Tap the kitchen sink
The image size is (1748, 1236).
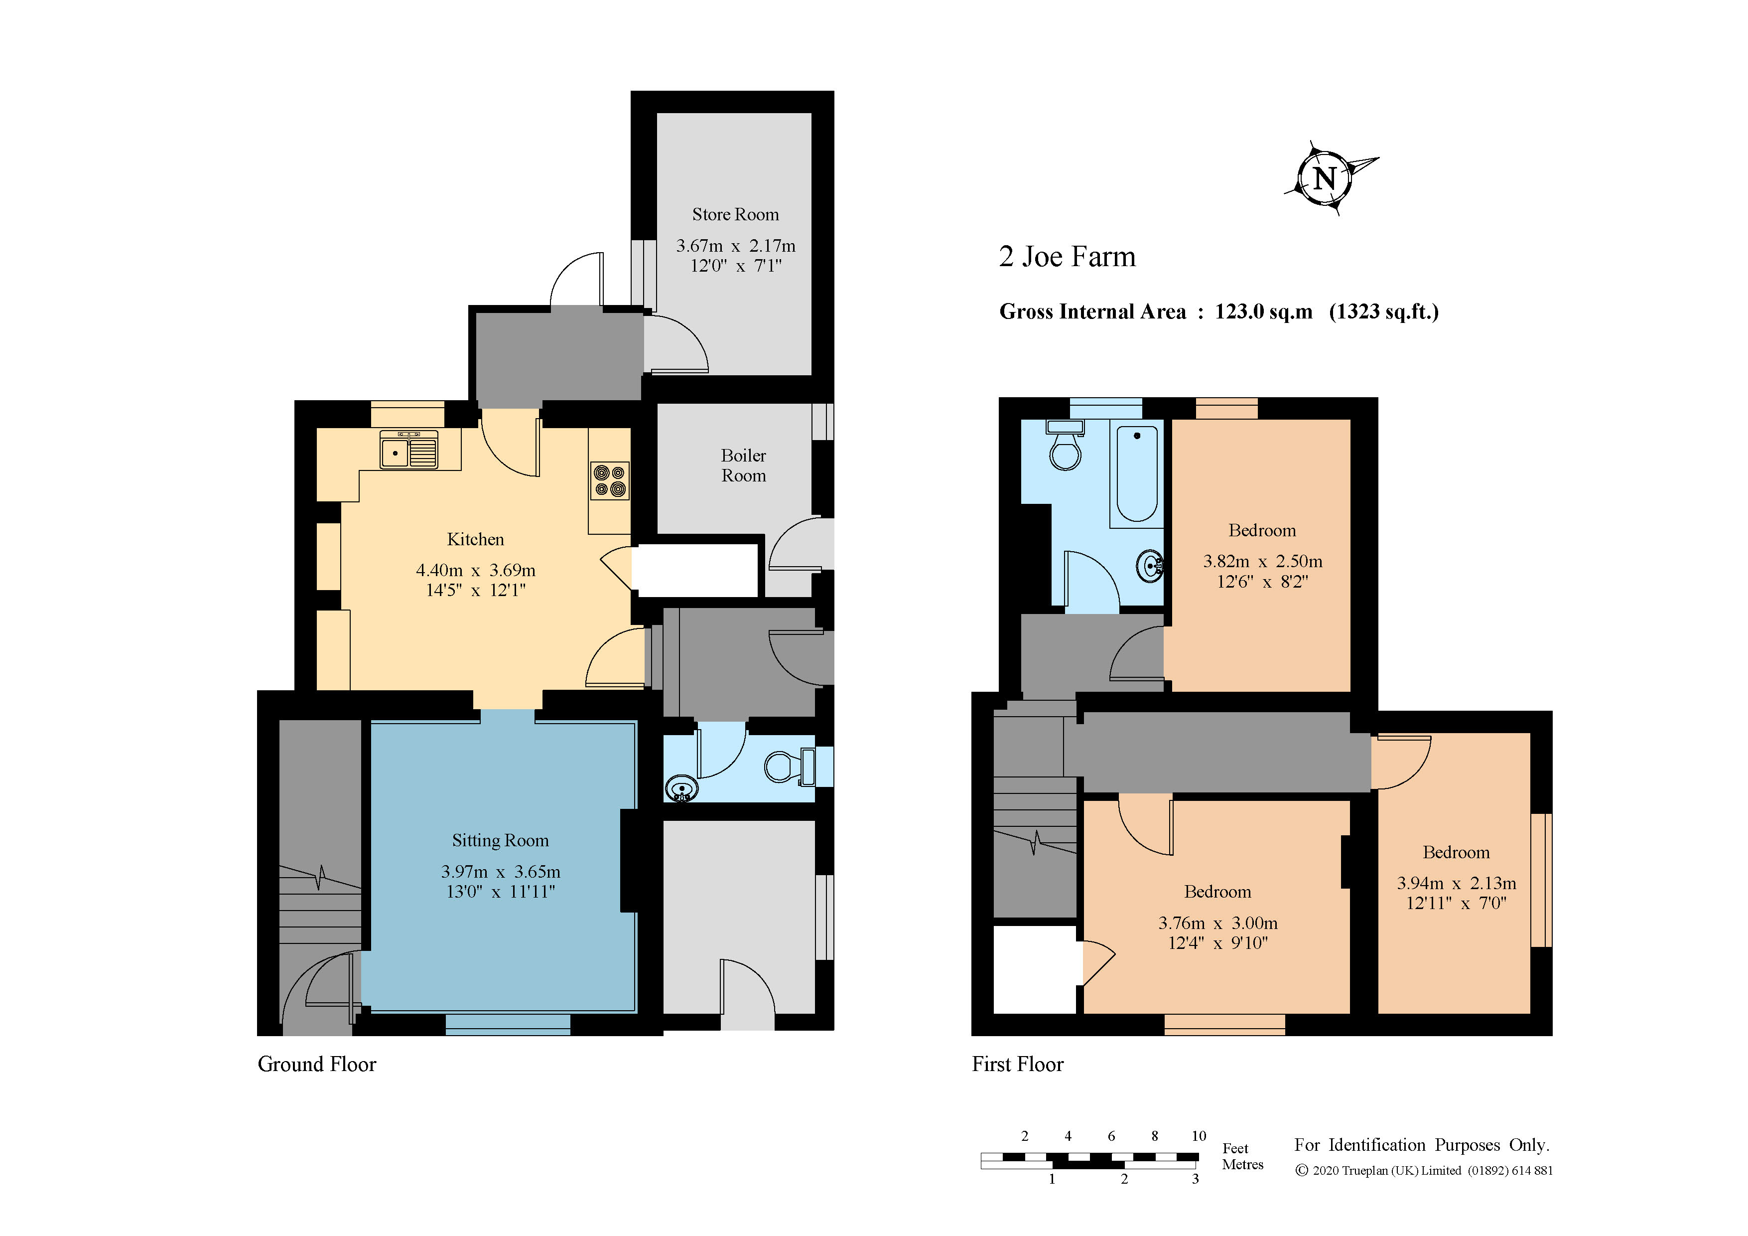click(x=409, y=450)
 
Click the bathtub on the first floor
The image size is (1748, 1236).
click(x=1137, y=473)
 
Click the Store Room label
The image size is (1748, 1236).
click(x=735, y=215)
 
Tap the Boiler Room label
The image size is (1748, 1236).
click(x=744, y=465)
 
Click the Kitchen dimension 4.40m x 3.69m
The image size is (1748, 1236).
click(x=476, y=570)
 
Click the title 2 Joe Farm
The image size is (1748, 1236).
click(x=1068, y=257)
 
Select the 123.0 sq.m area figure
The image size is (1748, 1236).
click(x=1264, y=311)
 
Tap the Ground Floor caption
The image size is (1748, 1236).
click(x=317, y=1064)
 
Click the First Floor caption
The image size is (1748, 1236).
click(x=1018, y=1064)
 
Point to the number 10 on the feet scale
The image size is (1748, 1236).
click(x=1199, y=1136)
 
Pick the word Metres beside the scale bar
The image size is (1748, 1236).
click(x=1242, y=1164)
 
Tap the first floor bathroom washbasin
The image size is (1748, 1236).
click(x=1150, y=566)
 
